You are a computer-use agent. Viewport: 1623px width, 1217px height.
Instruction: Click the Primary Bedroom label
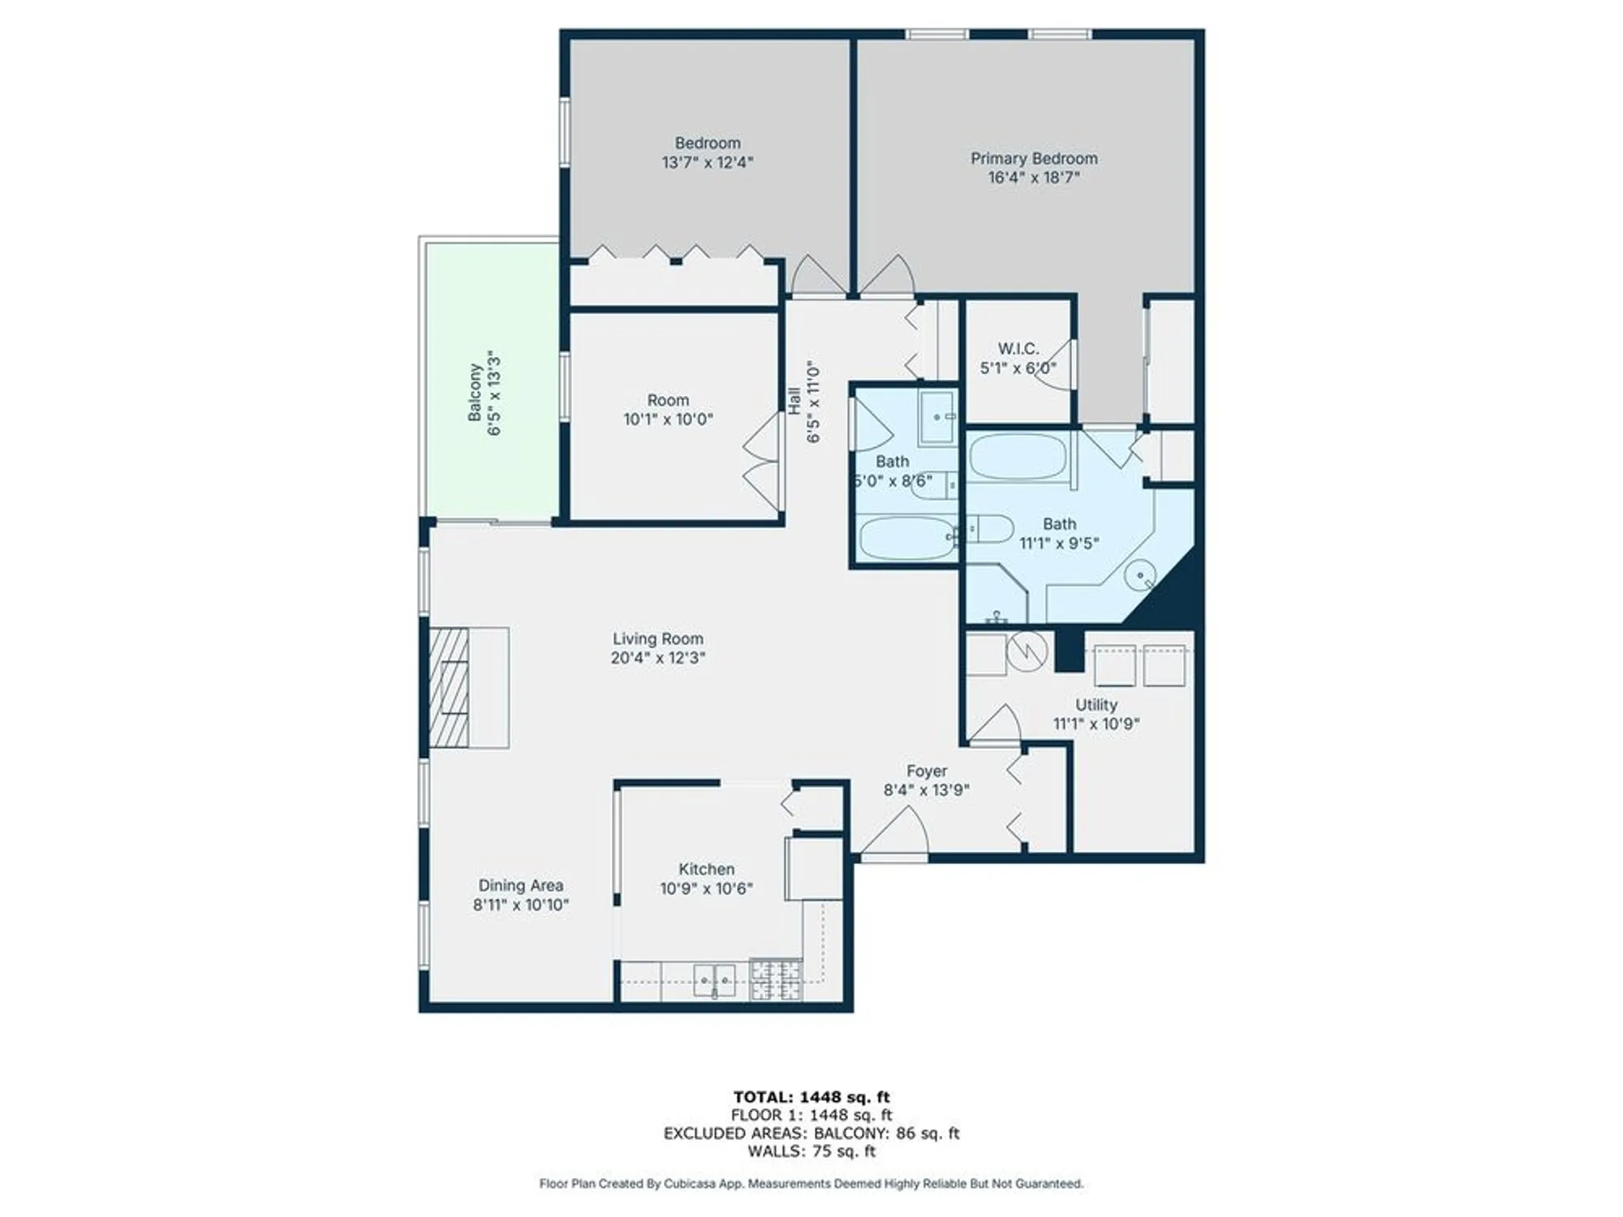tap(1034, 158)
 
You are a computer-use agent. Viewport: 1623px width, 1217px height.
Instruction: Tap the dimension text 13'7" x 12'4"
tap(707, 162)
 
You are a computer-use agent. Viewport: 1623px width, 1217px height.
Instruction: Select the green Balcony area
tap(491, 381)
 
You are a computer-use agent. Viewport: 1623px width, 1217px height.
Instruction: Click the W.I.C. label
tap(1018, 349)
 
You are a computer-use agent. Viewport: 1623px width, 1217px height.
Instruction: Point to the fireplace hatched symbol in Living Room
tap(449, 687)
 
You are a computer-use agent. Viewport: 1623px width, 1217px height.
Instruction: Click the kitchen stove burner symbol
tap(776, 979)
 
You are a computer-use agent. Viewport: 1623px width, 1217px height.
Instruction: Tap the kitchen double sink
tap(714, 980)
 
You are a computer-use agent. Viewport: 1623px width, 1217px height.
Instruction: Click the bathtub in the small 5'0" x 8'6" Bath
tap(906, 539)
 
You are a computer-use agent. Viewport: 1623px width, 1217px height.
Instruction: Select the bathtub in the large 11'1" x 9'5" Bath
tap(1018, 457)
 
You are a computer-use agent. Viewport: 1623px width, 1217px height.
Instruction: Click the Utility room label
tap(1096, 705)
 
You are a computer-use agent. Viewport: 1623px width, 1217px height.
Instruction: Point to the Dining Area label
tap(520, 885)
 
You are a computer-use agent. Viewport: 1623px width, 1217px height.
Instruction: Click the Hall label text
tap(794, 401)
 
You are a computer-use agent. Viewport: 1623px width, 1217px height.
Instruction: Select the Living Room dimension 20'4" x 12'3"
tap(657, 658)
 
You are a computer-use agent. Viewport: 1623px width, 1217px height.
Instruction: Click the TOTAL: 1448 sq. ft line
tap(811, 1098)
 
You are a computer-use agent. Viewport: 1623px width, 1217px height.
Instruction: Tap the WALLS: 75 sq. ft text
tap(811, 1151)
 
